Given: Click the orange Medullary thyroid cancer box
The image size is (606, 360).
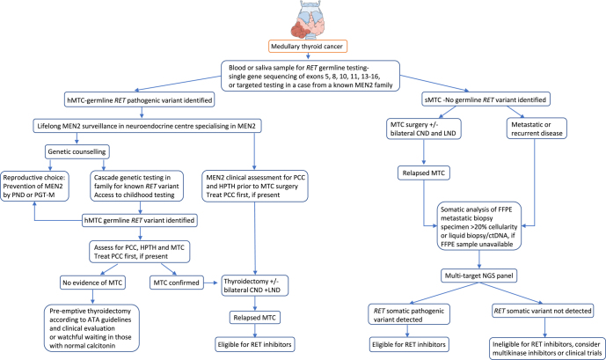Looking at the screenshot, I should coord(303,47).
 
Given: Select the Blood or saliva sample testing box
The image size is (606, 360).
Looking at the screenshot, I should coord(303,74).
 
